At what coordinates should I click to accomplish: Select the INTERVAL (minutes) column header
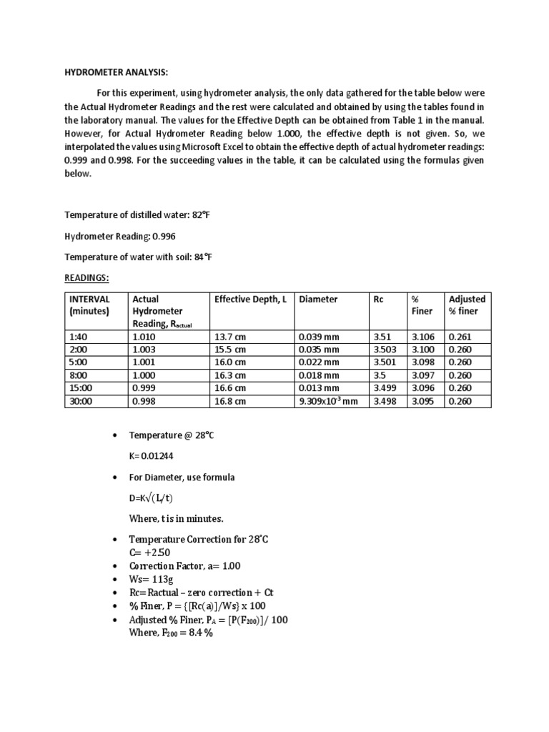click(89, 305)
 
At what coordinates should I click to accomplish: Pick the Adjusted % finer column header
click(466, 305)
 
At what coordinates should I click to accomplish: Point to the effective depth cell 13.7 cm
click(230, 337)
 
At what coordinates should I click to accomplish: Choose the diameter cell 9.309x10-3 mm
click(328, 402)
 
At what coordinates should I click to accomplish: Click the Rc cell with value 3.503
click(385, 350)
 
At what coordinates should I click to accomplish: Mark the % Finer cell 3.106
click(421, 337)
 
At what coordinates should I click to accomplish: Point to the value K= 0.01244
click(150, 455)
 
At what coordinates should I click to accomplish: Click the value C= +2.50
click(149, 553)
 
